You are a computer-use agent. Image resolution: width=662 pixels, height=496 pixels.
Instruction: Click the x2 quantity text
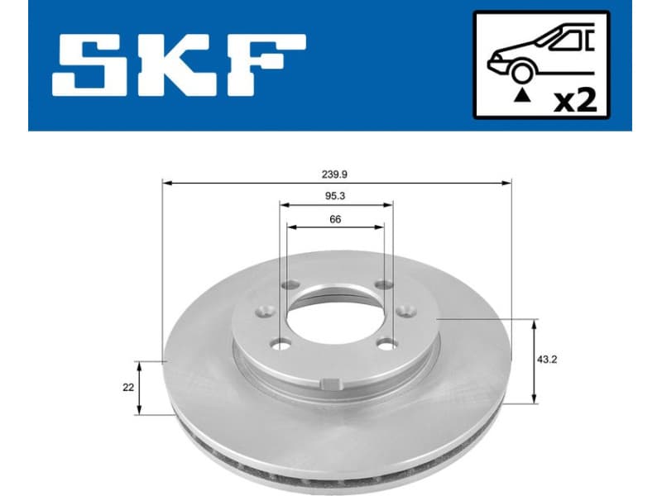click(x=574, y=100)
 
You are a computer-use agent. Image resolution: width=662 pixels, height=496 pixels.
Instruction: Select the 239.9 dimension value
click(x=335, y=174)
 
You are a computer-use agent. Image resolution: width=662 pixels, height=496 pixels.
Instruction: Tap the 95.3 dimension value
click(x=335, y=197)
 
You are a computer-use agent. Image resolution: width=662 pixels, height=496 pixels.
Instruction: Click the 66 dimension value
click(x=335, y=219)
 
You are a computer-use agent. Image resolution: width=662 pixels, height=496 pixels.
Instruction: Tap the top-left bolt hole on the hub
click(x=289, y=285)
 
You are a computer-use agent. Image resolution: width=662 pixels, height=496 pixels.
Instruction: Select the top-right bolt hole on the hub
click(x=382, y=285)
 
